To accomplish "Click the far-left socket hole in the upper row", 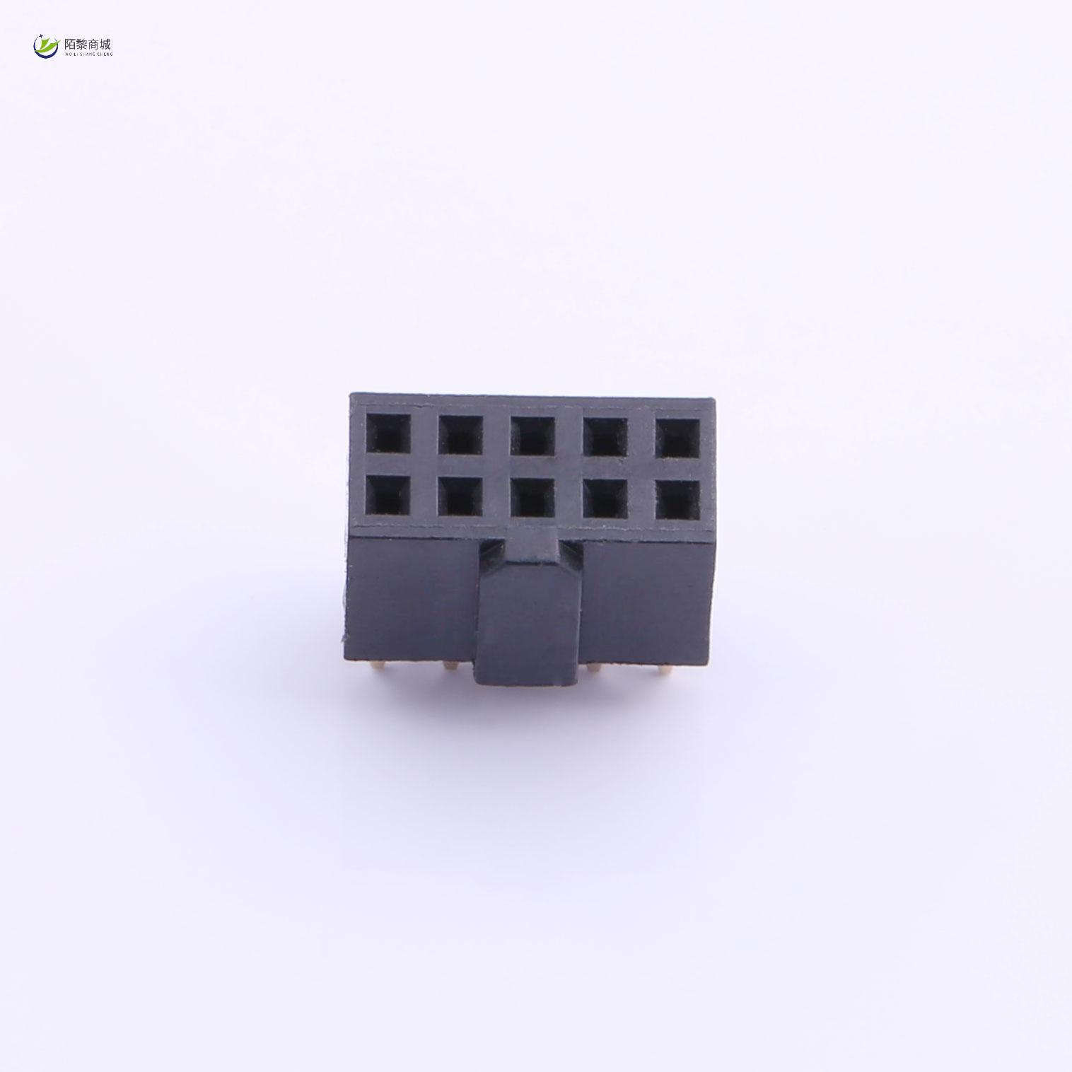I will point(388,434).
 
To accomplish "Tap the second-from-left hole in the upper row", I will point(460,434).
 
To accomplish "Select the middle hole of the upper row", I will point(532,435).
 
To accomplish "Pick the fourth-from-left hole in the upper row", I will point(606,436).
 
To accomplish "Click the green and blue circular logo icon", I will point(47,46).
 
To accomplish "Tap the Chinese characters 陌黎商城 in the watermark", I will point(87,43).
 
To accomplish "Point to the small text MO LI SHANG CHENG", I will point(88,54).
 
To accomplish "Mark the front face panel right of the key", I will point(647,598).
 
